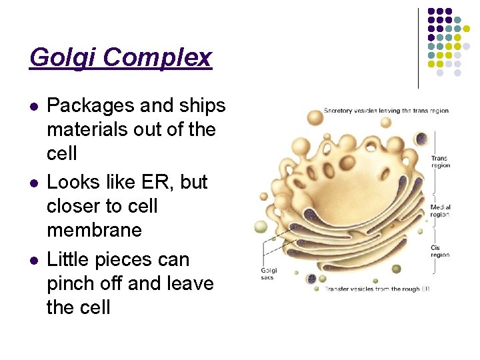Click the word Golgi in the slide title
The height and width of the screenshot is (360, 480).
click(x=63, y=58)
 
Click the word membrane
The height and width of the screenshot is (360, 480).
click(x=94, y=230)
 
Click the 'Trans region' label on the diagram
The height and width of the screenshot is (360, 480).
click(x=440, y=161)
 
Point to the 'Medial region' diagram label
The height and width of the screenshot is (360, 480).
click(x=440, y=211)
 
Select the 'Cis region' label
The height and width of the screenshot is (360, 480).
click(x=440, y=251)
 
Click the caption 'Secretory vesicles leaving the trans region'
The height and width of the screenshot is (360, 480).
click(x=385, y=111)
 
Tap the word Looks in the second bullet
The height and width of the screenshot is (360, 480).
click(x=73, y=182)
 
